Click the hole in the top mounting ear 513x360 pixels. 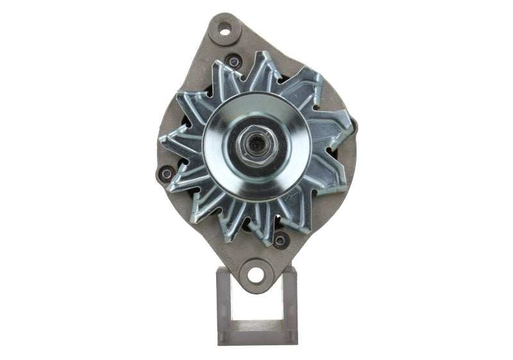click(224, 28)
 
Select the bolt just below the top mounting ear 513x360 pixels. click(235, 62)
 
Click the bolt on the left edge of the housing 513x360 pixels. click(167, 173)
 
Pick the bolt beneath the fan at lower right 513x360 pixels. click(280, 241)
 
